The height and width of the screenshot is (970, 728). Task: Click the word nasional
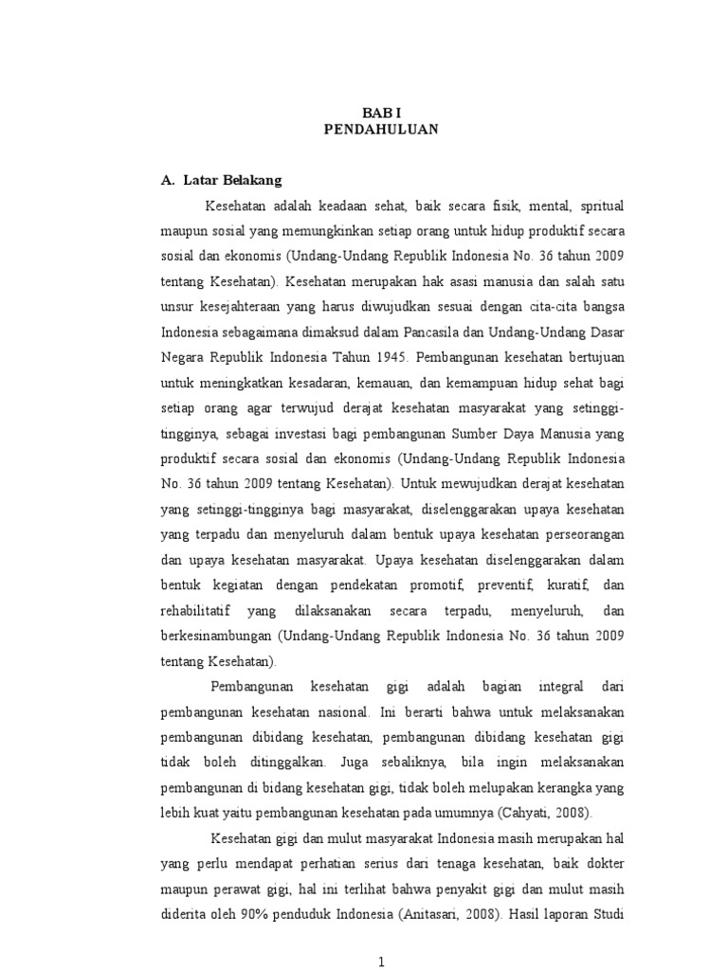(341, 710)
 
